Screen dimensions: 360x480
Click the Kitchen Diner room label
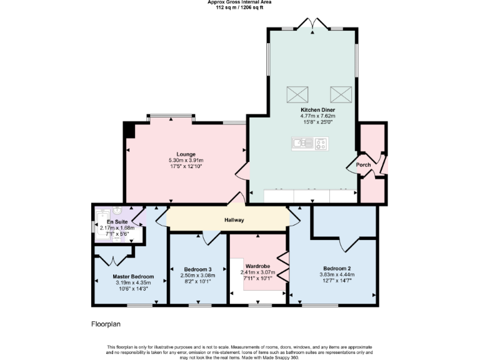coord(317,110)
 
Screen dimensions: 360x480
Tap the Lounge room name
coord(186,154)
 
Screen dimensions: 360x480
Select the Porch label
coord(363,165)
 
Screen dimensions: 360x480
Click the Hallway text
coord(234,220)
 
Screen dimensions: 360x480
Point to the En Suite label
coord(117,222)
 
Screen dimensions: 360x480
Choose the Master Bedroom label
coord(133,276)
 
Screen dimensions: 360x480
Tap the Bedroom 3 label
coord(197,269)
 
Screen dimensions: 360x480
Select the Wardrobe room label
coord(257,266)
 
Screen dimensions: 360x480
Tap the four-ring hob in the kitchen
coord(320,144)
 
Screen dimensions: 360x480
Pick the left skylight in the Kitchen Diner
coord(297,94)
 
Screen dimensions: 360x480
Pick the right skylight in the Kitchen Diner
coord(341,94)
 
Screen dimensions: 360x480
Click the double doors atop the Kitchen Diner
coord(312,25)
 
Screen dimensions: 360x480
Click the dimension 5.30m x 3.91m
coord(186,161)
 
